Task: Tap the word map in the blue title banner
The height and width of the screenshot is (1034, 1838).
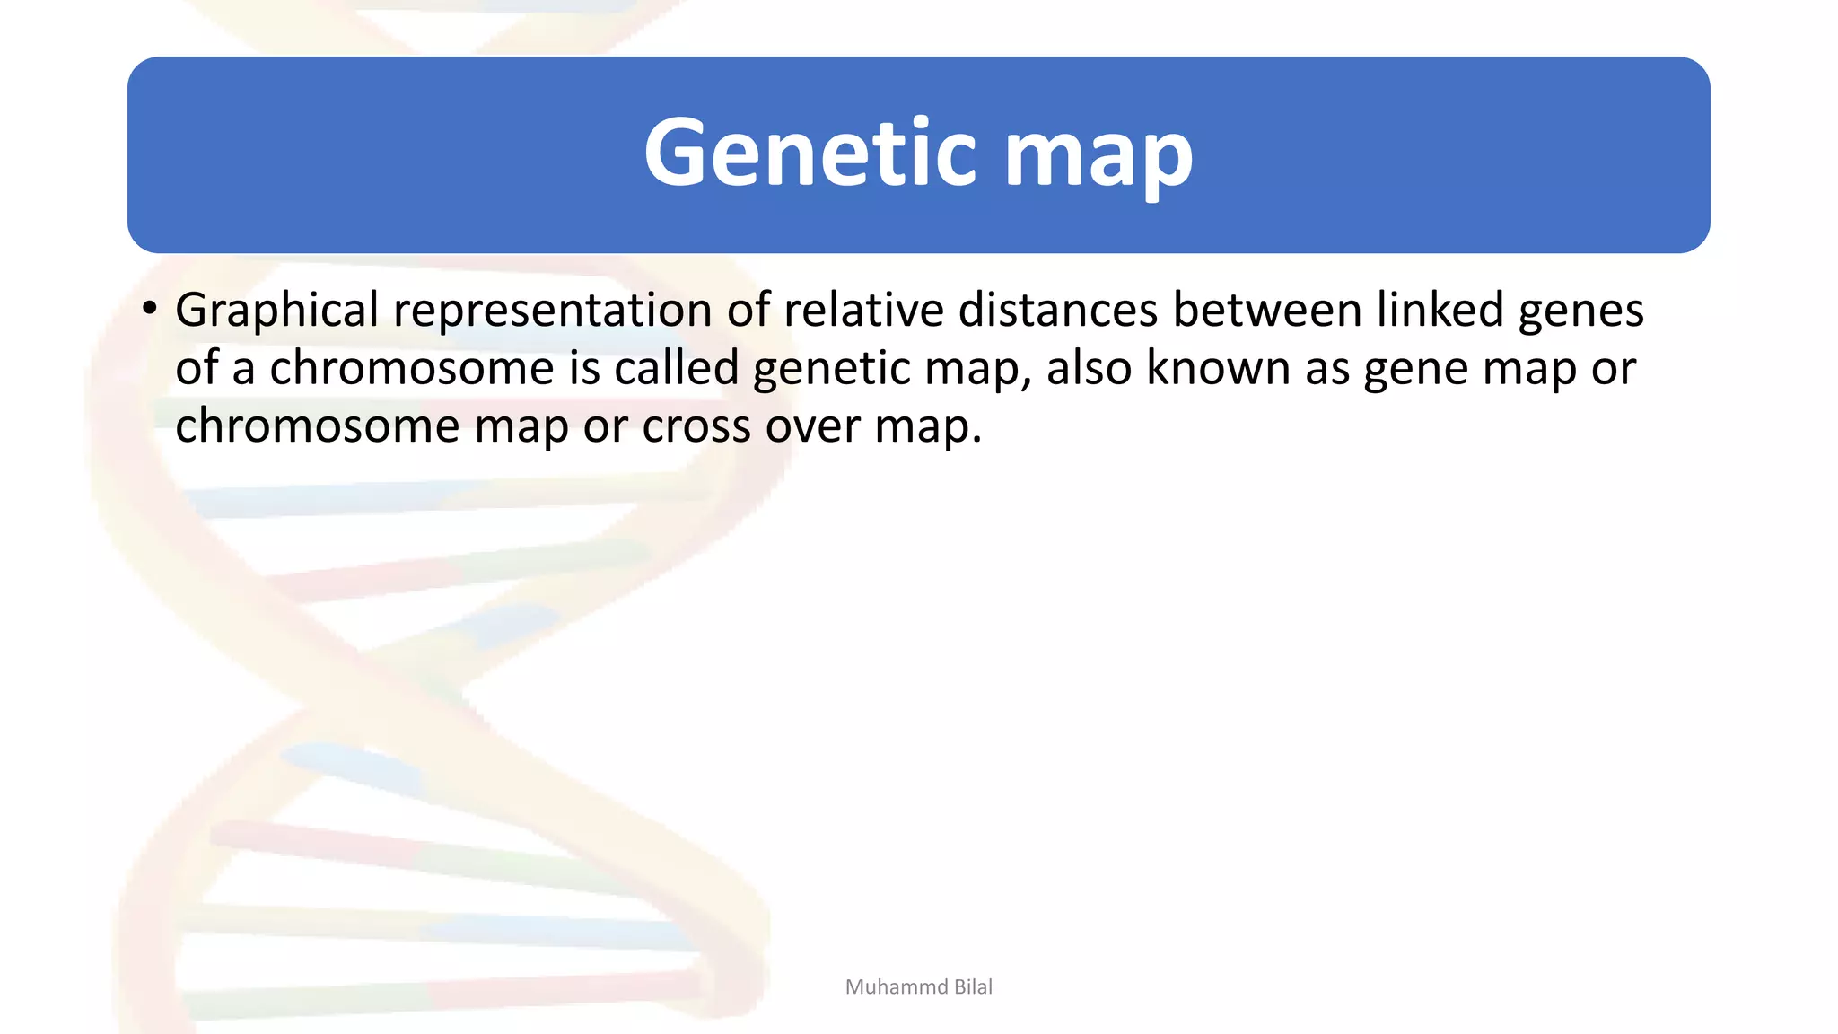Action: [1098, 157]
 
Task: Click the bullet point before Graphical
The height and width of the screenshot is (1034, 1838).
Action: [150, 310]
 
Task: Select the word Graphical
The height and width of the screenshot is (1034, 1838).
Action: [276, 311]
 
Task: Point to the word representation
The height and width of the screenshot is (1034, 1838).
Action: [552, 311]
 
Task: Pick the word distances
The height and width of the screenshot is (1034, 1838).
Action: [1058, 310]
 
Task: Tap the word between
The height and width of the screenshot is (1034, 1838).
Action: [1267, 310]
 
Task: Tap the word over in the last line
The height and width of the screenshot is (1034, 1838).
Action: [812, 427]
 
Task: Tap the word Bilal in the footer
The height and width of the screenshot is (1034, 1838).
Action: [973, 987]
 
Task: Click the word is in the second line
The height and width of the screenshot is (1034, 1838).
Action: [584, 368]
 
